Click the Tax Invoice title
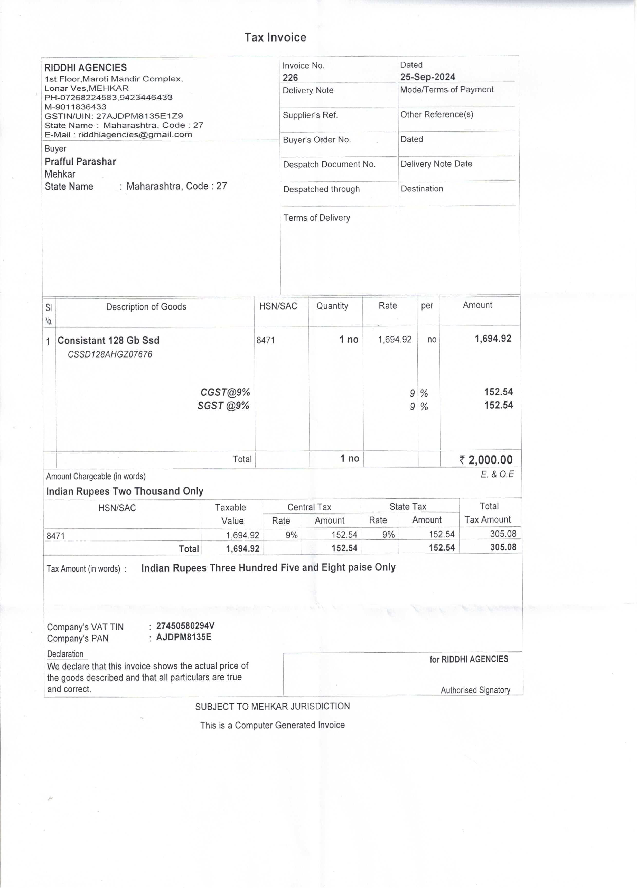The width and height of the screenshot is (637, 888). (275, 37)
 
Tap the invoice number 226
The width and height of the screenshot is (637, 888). (290, 78)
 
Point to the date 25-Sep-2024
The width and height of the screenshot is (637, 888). (427, 77)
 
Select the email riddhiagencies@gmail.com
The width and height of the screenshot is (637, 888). (135, 135)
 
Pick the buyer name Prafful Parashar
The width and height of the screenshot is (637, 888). (80, 161)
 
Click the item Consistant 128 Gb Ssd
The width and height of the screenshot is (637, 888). (108, 340)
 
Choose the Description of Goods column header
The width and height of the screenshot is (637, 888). (146, 307)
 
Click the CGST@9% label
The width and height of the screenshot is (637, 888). (225, 392)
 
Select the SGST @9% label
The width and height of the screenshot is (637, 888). (223, 406)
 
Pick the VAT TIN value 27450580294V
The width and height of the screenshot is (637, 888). (185, 626)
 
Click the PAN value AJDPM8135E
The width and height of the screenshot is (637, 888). (183, 637)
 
